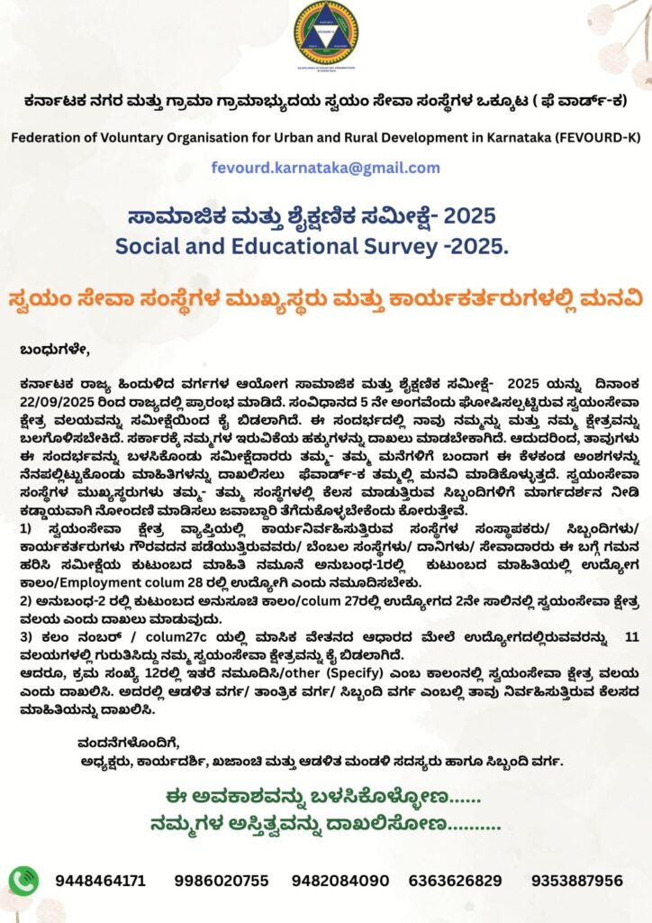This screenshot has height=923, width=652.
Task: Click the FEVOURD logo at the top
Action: pos(325,33)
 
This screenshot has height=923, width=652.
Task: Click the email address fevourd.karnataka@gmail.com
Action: pos(325,168)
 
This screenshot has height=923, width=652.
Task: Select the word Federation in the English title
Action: pos(45,137)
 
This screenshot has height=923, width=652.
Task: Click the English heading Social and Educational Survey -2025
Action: pos(325,243)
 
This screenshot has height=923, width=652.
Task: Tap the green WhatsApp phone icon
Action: pos(24,880)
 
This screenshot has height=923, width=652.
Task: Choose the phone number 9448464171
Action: pos(100,881)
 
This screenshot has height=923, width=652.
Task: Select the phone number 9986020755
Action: pos(222,881)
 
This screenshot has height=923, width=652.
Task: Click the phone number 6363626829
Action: pos(455,881)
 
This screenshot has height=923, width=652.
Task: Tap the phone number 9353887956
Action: pos(577,881)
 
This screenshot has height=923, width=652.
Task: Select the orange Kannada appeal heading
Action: pos(325,297)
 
